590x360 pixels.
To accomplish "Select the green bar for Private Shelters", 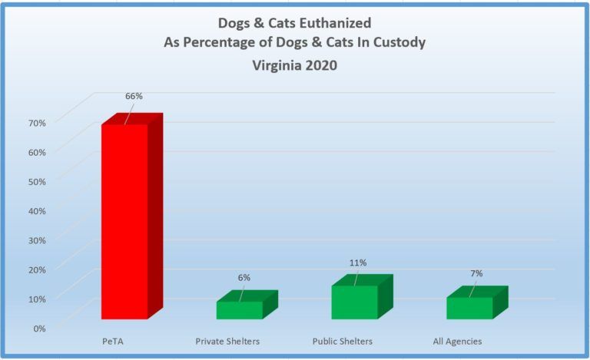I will pyautogui.click(x=239, y=309).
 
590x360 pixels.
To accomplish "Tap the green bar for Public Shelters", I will pyautogui.click(x=354, y=302).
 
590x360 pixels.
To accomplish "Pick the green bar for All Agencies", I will pyautogui.click(x=469, y=307).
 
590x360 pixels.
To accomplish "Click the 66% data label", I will pyautogui.click(x=134, y=96).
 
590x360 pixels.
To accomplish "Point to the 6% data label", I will pyautogui.click(x=244, y=277).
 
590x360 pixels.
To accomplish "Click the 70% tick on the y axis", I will pyautogui.click(x=38, y=122).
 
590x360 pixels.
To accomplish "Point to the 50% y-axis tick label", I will pyautogui.click(x=38, y=181).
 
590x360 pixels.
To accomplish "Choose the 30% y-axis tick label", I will pyautogui.click(x=38, y=239).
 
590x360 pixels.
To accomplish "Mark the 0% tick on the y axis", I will pyautogui.click(x=40, y=328).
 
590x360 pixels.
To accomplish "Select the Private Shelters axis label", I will pyautogui.click(x=227, y=341).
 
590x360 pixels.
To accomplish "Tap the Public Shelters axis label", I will pyautogui.click(x=343, y=341).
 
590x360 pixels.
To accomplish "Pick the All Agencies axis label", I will pyautogui.click(x=458, y=341).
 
